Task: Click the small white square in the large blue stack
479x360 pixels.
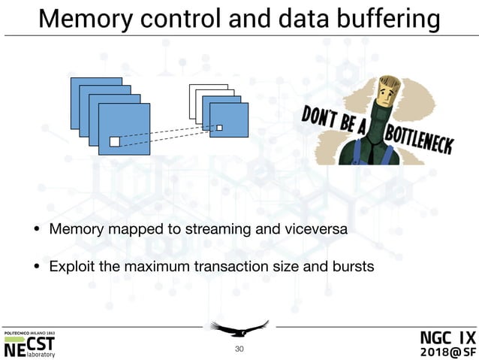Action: (115, 141)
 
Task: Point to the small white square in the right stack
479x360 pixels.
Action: (219, 128)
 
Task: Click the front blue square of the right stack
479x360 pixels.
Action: (229, 120)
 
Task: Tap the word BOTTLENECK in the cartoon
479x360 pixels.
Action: (417, 140)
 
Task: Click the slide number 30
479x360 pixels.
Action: (239, 349)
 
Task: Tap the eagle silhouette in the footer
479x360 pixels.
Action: (239, 328)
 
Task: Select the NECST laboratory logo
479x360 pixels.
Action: (30, 344)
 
